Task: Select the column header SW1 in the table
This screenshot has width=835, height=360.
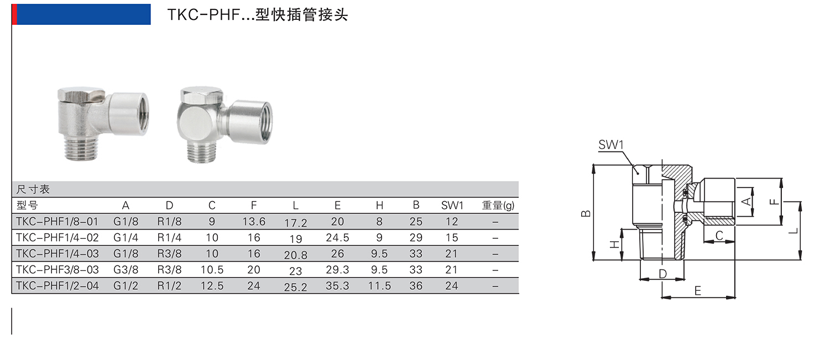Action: tap(452, 206)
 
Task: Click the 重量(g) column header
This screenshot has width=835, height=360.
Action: tap(498, 206)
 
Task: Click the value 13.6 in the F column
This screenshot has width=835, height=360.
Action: tap(254, 222)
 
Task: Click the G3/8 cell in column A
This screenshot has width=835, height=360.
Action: tap(126, 270)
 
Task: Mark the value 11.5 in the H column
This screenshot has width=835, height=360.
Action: tap(379, 286)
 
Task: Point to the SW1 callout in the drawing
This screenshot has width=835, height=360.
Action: tap(611, 145)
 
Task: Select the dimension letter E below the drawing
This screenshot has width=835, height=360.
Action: tap(698, 291)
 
